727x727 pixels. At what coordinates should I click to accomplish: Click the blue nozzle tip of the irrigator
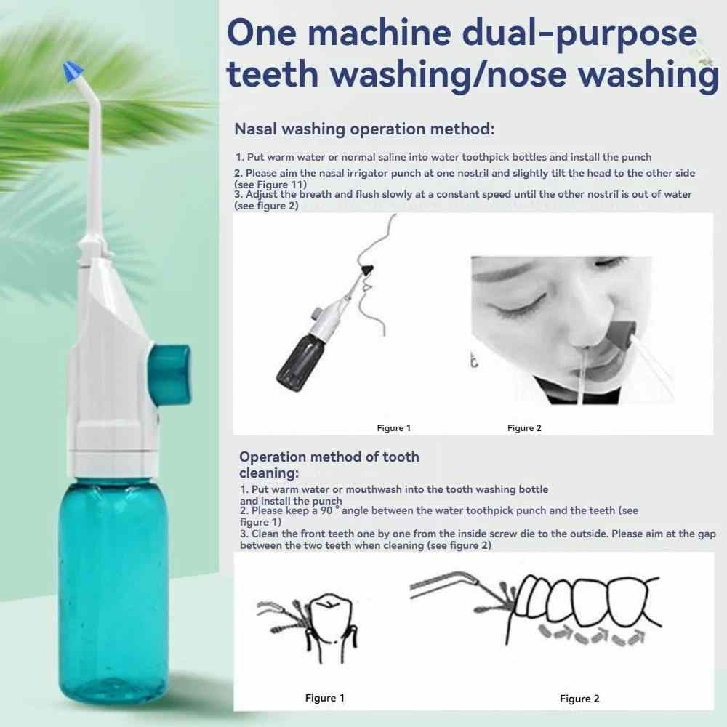[73, 71]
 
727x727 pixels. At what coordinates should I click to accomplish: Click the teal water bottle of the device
[113, 588]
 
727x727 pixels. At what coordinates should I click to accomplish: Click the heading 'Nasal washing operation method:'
[364, 129]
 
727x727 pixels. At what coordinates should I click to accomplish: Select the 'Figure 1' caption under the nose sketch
[393, 428]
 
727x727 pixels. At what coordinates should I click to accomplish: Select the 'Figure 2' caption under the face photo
[524, 428]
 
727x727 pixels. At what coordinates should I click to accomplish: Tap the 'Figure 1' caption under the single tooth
[324, 698]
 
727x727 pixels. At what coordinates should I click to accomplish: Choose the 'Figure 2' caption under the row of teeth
[579, 699]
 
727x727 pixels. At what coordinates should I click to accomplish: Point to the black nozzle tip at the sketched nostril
[366, 270]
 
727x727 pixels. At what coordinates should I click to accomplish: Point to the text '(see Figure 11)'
[270, 185]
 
